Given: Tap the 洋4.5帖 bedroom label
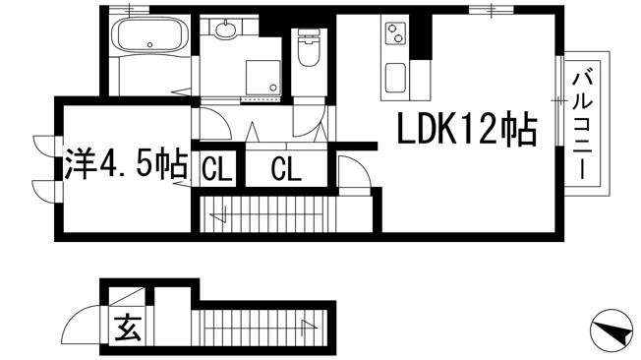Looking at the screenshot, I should (x=125, y=164).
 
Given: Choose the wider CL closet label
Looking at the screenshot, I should (x=285, y=168).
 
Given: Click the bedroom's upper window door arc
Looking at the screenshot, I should (x=45, y=146).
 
